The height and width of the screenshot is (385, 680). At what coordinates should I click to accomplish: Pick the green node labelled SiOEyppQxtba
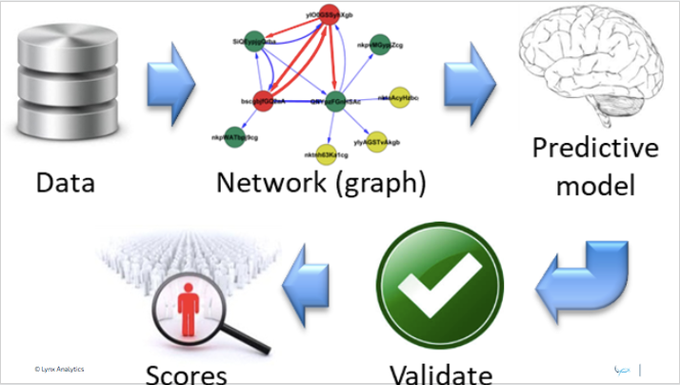click(x=254, y=46)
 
